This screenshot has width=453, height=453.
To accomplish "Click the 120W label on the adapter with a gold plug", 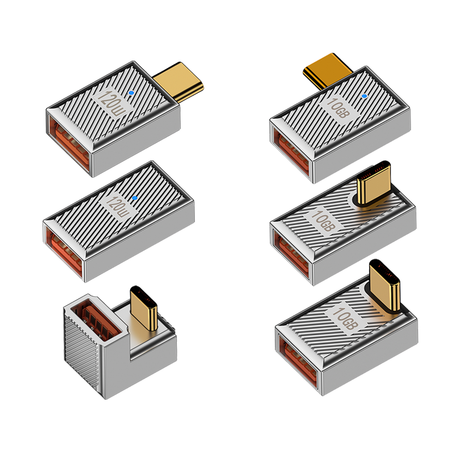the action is tap(112, 103).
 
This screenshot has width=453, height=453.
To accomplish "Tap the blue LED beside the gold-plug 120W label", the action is tap(131, 93).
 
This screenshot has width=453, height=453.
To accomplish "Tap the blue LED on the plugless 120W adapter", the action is tap(134, 198).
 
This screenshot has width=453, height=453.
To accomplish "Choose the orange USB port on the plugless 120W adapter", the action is tap(65, 253).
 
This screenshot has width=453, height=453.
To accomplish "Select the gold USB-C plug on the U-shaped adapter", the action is tap(144, 308).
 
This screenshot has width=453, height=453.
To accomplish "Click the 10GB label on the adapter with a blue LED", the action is tap(338, 109).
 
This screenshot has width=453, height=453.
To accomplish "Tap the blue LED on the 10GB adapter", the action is tap(365, 96).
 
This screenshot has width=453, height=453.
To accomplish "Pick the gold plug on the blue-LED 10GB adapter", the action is tap(327, 70).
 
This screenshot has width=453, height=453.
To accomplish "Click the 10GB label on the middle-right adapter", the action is tap(323, 220).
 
